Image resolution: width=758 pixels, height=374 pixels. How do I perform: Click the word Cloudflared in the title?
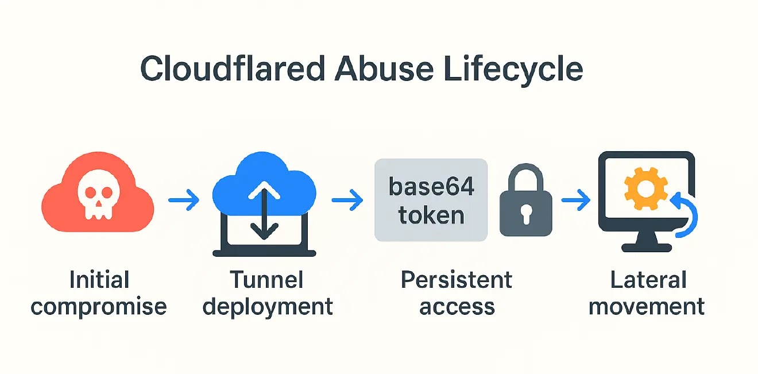coord(233,68)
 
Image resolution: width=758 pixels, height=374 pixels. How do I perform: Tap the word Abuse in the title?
coord(384,68)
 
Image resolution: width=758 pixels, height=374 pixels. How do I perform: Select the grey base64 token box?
coord(431,200)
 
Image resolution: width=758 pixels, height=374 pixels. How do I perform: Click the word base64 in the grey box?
coord(431,186)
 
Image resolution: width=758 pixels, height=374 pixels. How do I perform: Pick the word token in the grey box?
coord(431,215)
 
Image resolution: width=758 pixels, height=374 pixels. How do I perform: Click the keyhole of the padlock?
coord(526,214)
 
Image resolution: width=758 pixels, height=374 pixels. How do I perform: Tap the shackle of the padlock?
coord(525,176)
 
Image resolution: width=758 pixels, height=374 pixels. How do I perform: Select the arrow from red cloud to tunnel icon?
coord(184,201)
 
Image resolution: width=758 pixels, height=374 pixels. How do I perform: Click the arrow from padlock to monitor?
coord(576,201)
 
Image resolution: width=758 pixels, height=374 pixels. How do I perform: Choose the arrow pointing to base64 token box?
coord(347,201)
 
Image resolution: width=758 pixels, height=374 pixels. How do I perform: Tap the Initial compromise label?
coord(99,293)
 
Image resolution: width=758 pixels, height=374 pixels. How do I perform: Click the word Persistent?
coord(457,280)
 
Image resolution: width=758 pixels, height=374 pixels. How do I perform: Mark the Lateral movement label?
coord(647,293)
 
